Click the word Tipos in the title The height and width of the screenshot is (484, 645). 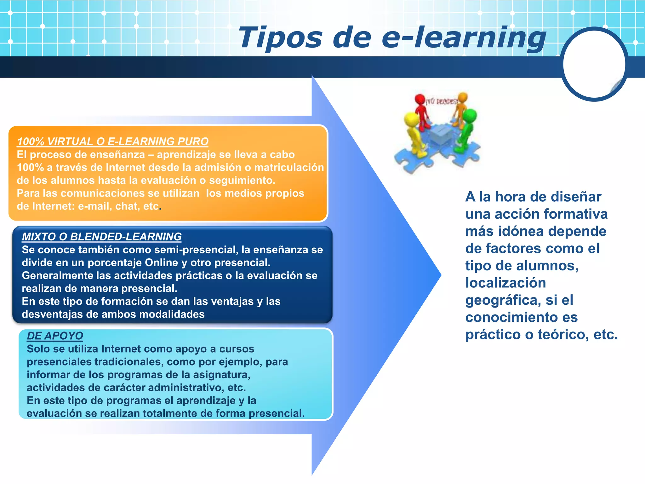(x=280, y=38)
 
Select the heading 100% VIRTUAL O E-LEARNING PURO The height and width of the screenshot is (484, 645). (x=112, y=141)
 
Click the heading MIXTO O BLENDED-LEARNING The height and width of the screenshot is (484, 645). (x=101, y=237)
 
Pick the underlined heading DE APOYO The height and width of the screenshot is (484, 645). (x=55, y=336)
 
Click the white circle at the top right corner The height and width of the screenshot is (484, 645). (x=594, y=64)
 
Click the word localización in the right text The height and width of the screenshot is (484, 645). (x=505, y=283)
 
